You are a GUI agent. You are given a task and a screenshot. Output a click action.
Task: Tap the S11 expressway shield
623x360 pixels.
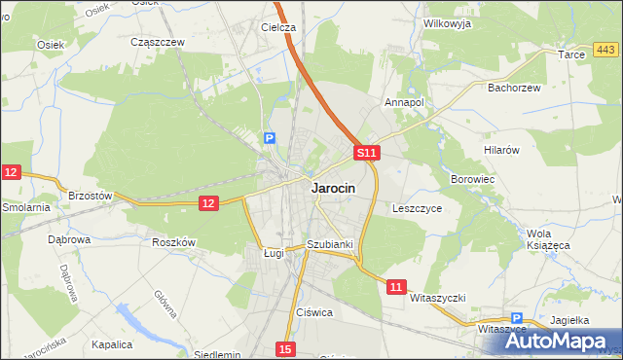pyautogui.click(x=365, y=153)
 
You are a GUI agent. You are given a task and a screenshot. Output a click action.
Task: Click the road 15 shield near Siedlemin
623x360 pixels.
pyautogui.click(x=284, y=348)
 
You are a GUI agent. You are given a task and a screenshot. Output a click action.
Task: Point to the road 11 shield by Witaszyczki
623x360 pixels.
pyautogui.click(x=395, y=286)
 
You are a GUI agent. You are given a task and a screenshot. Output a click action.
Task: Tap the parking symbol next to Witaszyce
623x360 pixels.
pyautogui.click(x=517, y=318)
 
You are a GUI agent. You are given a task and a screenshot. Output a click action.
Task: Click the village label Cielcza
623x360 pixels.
pyautogui.click(x=277, y=27)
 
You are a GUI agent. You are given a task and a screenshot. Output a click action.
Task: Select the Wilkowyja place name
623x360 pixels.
pyautogui.click(x=448, y=23)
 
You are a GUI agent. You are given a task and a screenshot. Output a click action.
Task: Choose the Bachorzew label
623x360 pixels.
pyautogui.click(x=513, y=87)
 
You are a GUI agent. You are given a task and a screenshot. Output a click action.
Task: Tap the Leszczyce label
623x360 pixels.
pyautogui.click(x=418, y=208)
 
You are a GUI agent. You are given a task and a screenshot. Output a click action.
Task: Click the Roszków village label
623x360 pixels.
pyautogui.click(x=175, y=242)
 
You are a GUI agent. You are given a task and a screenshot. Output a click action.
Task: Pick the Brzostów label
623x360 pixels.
pyautogui.click(x=91, y=195)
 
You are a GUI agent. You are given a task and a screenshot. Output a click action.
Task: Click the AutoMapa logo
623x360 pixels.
pyautogui.click(x=566, y=341)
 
